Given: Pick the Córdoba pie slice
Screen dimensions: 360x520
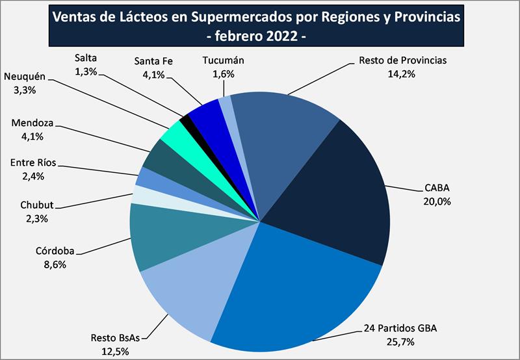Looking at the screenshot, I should click(162, 237).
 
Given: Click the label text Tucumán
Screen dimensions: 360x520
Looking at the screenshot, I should click(224, 61).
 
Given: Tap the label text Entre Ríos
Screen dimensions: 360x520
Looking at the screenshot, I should click(33, 162).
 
